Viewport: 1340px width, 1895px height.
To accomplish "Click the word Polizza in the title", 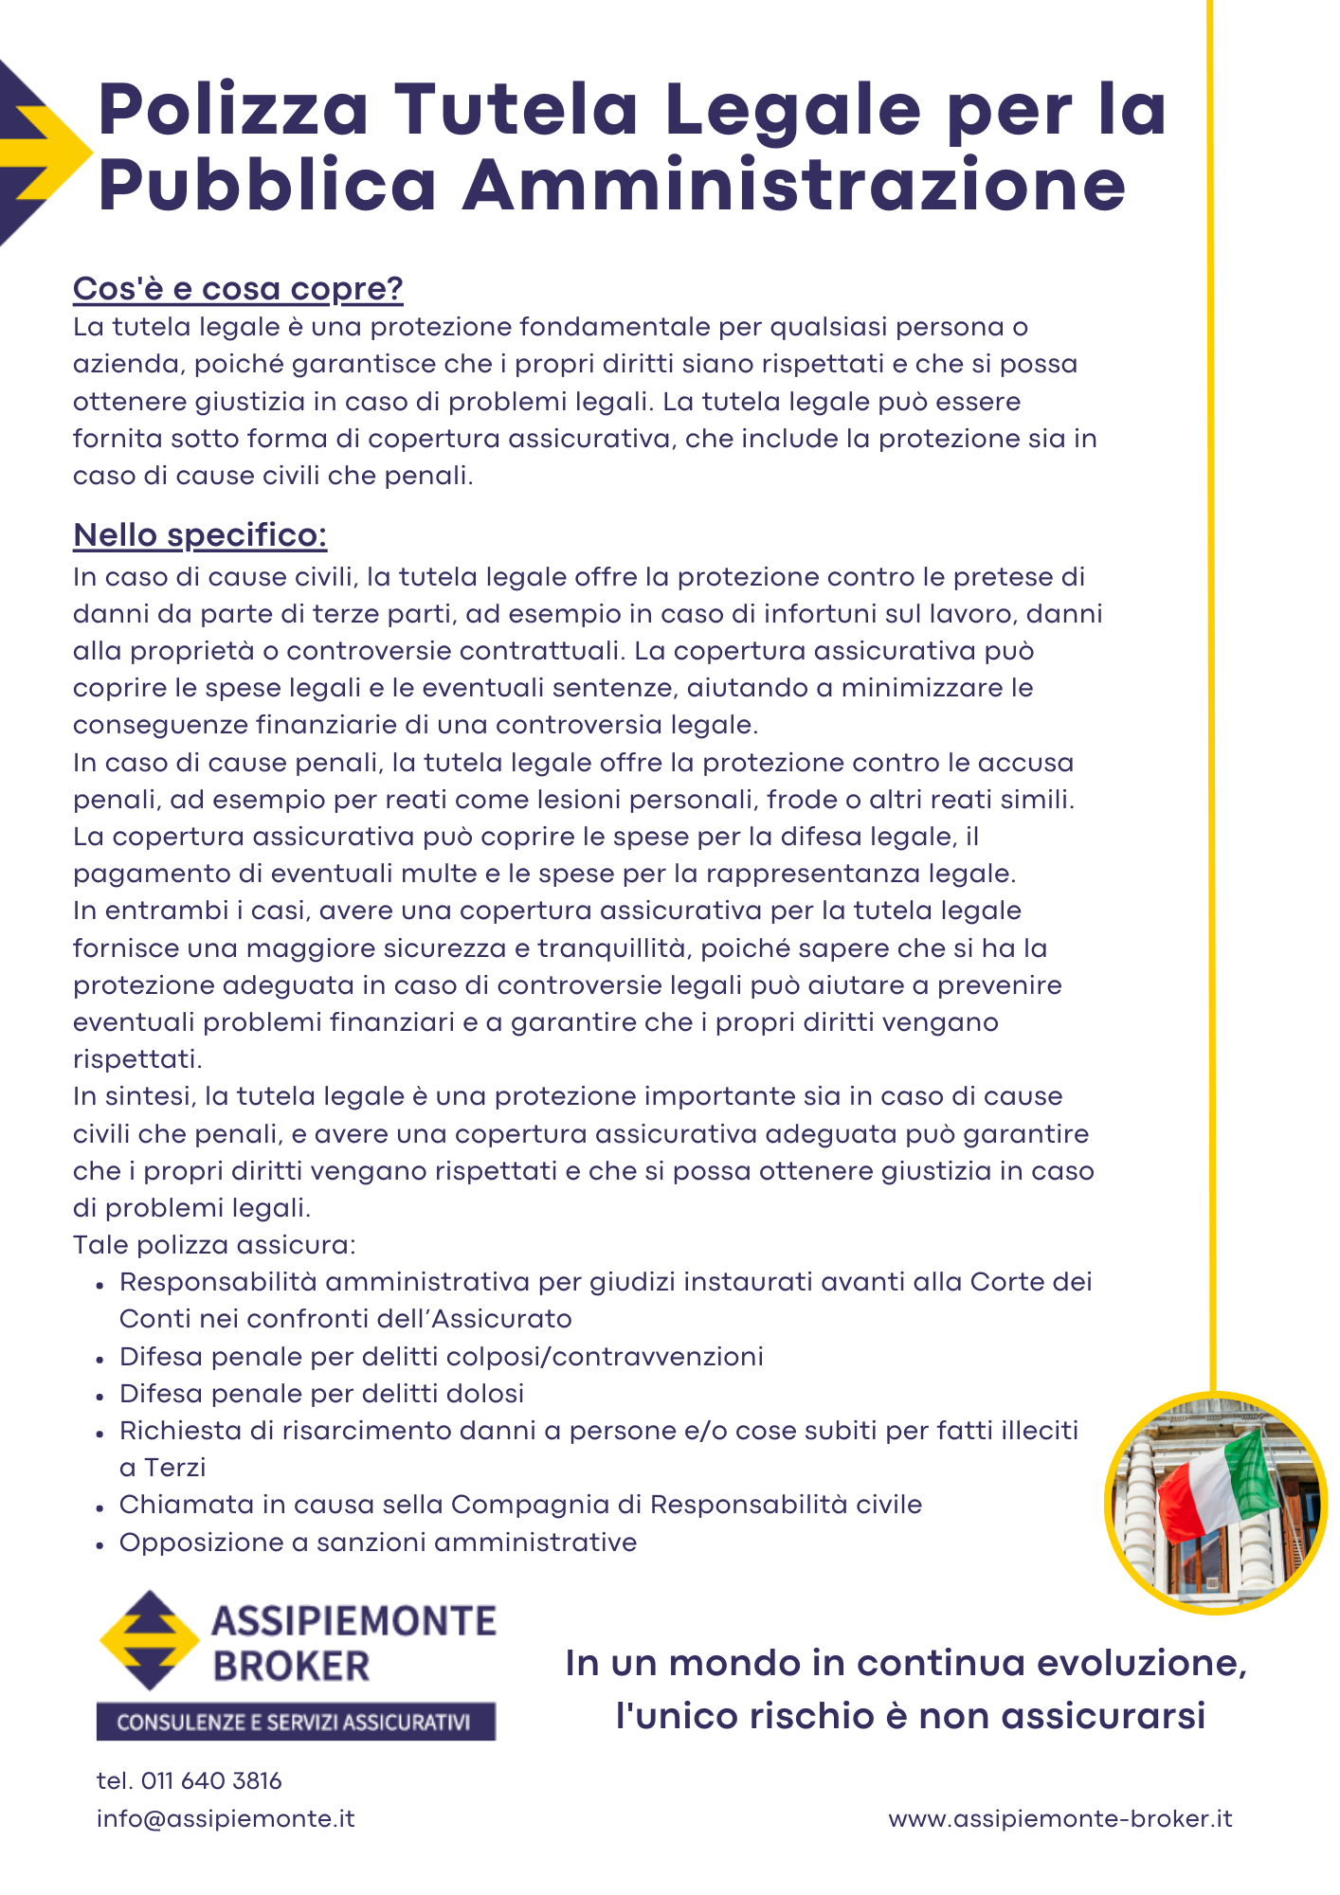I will pyautogui.click(x=233, y=110).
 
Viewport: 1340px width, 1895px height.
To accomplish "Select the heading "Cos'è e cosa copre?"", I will pyautogui.click(x=238, y=288).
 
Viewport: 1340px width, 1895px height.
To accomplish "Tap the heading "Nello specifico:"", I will pyautogui.click(x=200, y=534).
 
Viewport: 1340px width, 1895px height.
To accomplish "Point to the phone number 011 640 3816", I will pyautogui.click(x=211, y=1780).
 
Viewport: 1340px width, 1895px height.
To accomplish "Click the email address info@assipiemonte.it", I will pyautogui.click(x=226, y=1818).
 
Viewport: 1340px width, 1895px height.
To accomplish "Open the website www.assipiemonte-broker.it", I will pyautogui.click(x=1060, y=1818).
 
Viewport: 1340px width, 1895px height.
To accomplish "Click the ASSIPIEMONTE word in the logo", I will pyautogui.click(x=353, y=1621).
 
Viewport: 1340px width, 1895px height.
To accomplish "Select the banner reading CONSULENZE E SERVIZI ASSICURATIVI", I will pyautogui.click(x=296, y=1722).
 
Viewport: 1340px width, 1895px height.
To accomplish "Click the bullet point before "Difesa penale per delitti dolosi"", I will pyautogui.click(x=100, y=1396).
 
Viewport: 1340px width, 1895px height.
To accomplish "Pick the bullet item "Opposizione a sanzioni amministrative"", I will pyautogui.click(x=377, y=1543).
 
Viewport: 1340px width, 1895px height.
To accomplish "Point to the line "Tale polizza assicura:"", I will pyautogui.click(x=214, y=1245).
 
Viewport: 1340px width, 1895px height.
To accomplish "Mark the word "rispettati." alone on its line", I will pyautogui.click(x=137, y=1059).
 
